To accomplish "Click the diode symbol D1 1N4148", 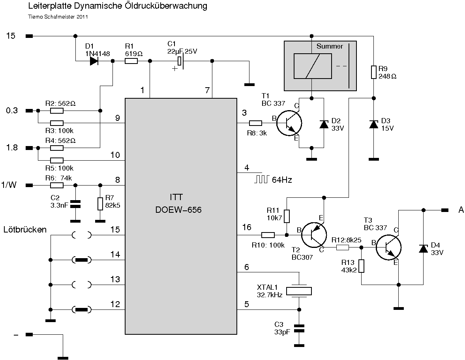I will coord(94,61).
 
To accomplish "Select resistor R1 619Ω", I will coord(131,61).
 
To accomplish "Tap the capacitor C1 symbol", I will coord(180,61).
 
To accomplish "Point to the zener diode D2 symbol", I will coord(324,124).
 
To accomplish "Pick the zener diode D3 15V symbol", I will coord(373,124).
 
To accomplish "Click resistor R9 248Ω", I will coord(373,72).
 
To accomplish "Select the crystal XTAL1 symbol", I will coord(298,291).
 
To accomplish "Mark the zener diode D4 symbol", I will coord(424,248).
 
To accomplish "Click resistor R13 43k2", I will coord(361,266).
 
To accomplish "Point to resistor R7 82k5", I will coord(100,203).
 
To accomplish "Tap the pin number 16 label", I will coord(247,227).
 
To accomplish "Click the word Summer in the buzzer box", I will coord(330,47).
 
